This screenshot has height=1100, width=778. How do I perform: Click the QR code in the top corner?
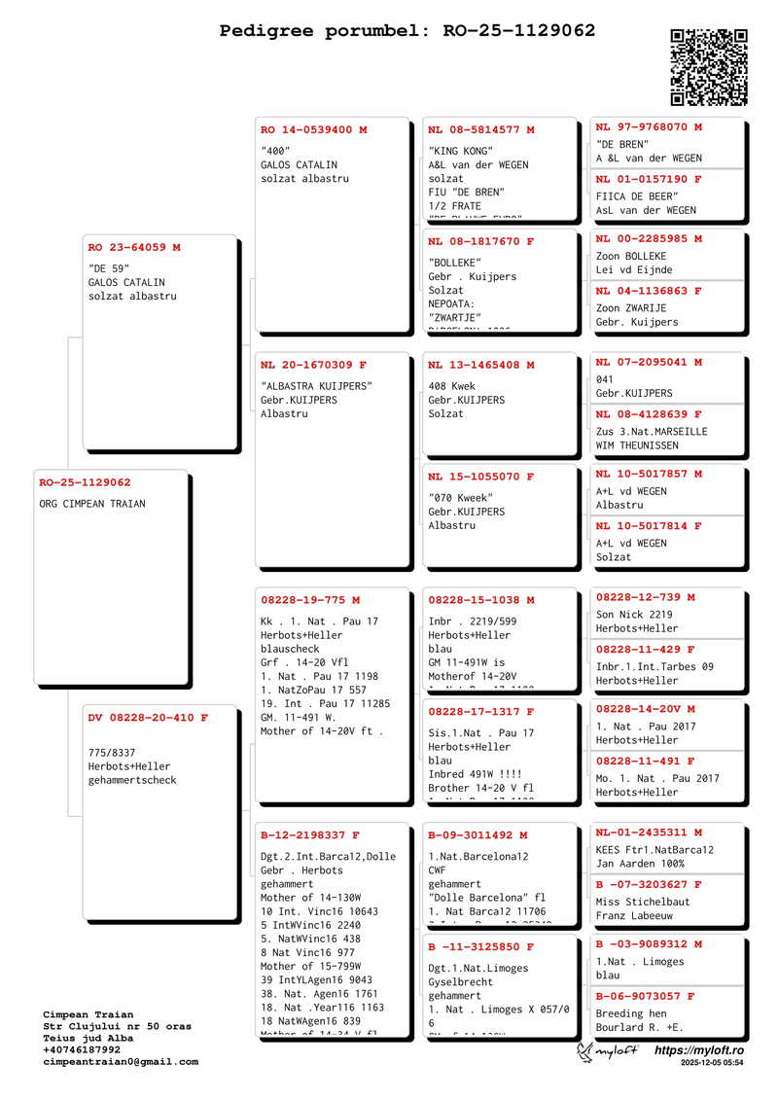pyautogui.click(x=709, y=67)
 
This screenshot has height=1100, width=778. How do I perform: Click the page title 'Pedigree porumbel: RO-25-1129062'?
pyautogui.click(x=407, y=31)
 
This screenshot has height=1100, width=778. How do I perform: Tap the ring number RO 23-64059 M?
pyautogui.click(x=134, y=248)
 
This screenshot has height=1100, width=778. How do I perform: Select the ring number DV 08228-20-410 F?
pyautogui.click(x=148, y=718)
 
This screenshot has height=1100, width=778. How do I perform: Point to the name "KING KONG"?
pyautogui.click(x=461, y=152)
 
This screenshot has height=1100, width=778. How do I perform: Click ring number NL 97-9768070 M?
pyautogui.click(x=649, y=127)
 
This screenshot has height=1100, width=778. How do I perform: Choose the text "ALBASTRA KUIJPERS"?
pyautogui.click(x=316, y=386)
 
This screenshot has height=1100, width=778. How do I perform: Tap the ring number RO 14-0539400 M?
pyautogui.click(x=313, y=130)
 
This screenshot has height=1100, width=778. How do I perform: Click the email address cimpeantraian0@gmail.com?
pyautogui.click(x=121, y=1062)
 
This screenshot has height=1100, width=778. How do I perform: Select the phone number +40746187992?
pyautogui.click(x=82, y=1050)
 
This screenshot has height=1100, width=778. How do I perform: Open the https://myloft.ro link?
pyautogui.click(x=698, y=1050)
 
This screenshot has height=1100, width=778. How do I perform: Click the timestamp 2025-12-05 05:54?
pyautogui.click(x=713, y=1064)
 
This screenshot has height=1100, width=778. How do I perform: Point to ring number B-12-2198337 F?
pyautogui.click(x=309, y=835)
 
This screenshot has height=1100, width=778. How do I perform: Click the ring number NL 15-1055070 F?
pyautogui.click(x=480, y=478)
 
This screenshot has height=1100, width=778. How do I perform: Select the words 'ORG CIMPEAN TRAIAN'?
pyautogui.click(x=92, y=504)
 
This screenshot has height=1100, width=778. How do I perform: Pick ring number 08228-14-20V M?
pyautogui.click(x=645, y=710)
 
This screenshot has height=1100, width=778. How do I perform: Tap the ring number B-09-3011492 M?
pyautogui.click(x=477, y=835)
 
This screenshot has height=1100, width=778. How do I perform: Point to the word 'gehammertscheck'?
pyautogui.click(x=132, y=780)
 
